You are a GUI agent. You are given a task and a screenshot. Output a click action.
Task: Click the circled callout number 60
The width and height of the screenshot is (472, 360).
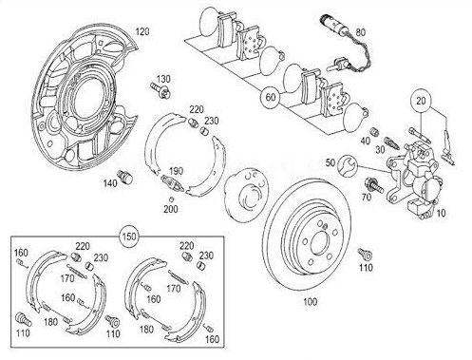pos(271,97)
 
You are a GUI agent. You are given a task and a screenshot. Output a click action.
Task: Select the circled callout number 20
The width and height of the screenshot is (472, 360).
pos(421,101)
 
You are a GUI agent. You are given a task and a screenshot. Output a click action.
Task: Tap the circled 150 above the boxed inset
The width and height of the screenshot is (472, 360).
pos(129,237)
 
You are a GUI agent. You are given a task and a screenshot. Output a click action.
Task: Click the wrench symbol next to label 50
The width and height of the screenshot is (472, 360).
pos(348,164)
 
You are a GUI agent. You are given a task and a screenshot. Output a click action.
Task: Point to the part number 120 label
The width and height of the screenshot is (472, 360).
pos(142,31)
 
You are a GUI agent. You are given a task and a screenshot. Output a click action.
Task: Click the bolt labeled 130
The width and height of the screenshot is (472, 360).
pos(160,89)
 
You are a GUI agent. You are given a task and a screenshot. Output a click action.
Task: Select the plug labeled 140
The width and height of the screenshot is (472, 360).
pos(125,176)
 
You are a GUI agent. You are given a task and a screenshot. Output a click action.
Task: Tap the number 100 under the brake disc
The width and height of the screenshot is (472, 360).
pos(310,301)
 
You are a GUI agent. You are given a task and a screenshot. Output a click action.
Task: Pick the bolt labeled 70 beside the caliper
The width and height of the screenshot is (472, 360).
pos(373,185)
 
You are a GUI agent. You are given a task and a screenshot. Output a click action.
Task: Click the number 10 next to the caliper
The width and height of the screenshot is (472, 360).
pos(441,213)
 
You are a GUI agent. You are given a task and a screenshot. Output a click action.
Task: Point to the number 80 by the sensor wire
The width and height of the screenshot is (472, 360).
pos(360,32)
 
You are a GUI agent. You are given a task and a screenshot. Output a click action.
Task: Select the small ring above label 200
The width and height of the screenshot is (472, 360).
pos(171,199)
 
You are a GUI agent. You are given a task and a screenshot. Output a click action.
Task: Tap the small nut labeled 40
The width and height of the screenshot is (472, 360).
pos(374,131)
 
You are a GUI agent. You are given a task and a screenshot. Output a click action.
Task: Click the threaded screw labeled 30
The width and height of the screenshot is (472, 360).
pos(391,143)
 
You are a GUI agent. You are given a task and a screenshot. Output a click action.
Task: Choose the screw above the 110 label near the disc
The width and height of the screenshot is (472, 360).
pos(365,254)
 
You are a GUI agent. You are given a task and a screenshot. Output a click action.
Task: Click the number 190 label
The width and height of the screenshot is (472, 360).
pos(176,171)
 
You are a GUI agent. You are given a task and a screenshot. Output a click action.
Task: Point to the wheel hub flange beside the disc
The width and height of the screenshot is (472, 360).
pos(246,194)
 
